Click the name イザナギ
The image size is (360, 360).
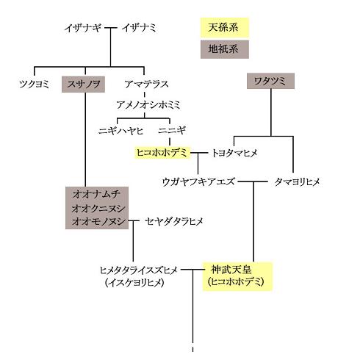tap(83, 28)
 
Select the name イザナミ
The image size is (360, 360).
tap(139, 28)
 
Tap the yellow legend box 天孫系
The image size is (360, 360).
tap(225, 27)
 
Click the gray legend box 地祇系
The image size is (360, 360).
tap(225, 49)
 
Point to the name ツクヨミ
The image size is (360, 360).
tap(34, 84)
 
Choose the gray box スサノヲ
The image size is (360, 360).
tap(83, 84)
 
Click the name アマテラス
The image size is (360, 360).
tap(146, 84)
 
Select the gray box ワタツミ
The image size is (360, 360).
tap(270, 81)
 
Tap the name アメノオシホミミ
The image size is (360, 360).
tap(148, 105)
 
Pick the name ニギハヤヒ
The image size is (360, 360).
tap(120, 131)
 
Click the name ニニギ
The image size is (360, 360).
tap(172, 130)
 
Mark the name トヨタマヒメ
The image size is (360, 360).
tap(234, 153)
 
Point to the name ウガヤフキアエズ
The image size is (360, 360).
tap(198, 182)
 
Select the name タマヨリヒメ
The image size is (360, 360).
tap(297, 182)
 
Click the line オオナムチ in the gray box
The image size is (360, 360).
tap(96, 195)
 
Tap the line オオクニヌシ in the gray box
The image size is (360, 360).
tap(98, 209)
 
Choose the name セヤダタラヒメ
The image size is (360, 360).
tap(174, 222)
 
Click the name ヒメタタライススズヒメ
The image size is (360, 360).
tap(138, 270)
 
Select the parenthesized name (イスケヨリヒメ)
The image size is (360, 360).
tap(134, 283)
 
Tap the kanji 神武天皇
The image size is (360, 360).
tap(231, 270)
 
